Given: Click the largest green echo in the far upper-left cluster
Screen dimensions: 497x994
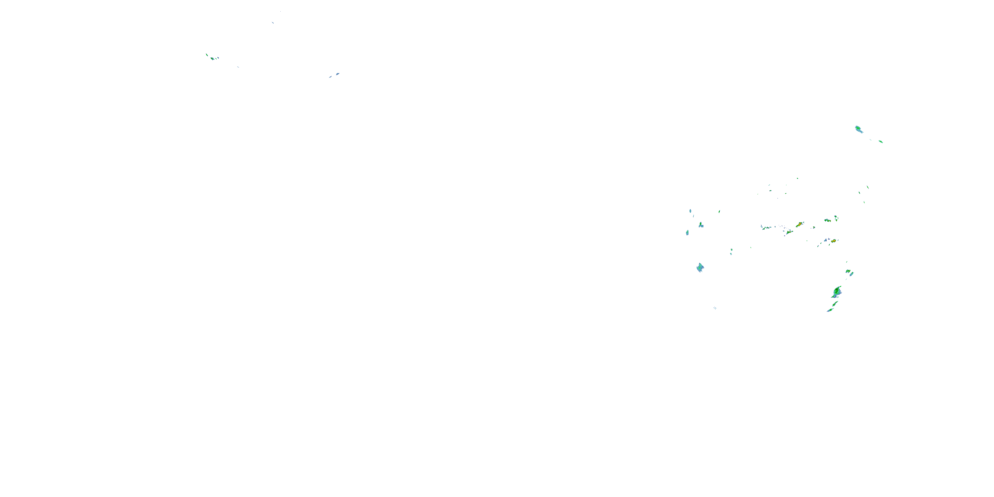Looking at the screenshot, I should [212, 58].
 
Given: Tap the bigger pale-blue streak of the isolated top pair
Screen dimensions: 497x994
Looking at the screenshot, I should [337, 74].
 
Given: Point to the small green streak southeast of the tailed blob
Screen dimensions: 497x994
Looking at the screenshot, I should [881, 141].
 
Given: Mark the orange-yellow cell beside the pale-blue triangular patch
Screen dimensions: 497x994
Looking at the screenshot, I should [834, 241].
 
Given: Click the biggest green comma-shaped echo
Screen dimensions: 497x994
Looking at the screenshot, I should [837, 291].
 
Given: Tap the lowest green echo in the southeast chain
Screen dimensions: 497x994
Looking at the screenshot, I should [830, 310].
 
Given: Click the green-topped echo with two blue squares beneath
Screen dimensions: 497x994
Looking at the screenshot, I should [701, 224].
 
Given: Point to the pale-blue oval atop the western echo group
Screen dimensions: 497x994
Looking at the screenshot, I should [690, 211].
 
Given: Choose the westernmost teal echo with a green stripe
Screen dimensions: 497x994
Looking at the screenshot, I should [687, 233].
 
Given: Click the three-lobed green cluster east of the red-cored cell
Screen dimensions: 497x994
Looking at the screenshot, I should [827, 220].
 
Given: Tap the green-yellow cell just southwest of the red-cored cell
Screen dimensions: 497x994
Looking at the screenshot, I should [789, 232].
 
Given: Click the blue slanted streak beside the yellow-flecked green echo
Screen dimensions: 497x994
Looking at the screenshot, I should [852, 274].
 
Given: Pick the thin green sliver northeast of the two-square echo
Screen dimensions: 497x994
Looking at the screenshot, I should [719, 211].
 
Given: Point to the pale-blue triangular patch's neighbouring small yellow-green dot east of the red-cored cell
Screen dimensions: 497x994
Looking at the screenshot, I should [814, 227].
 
